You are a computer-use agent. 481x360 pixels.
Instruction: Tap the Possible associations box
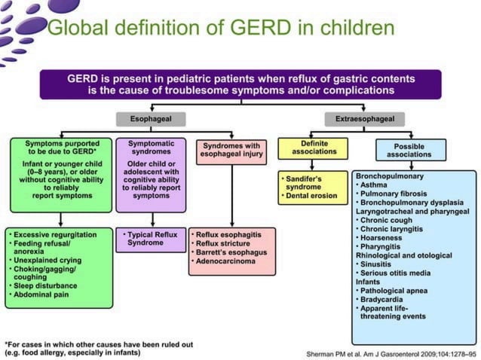click(x=410, y=150)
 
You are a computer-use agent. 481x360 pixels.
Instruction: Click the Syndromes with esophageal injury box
click(x=230, y=150)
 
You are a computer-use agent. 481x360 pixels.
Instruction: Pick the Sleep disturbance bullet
click(x=48, y=285)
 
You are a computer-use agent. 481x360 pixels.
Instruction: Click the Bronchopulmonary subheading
click(x=389, y=175)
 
